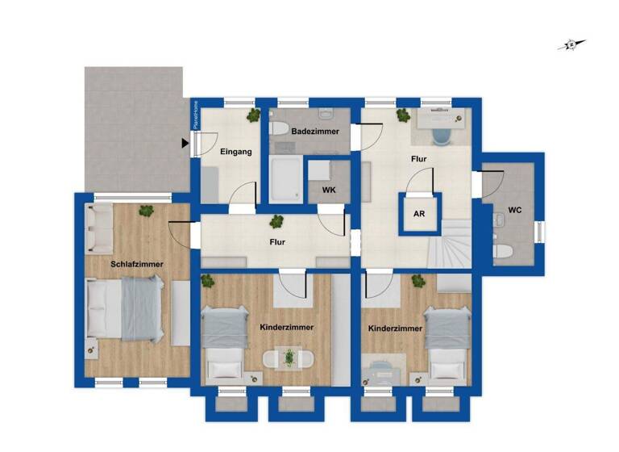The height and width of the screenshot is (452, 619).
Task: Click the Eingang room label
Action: pyautogui.click(x=235, y=152)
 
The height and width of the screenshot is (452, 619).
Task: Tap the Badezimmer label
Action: pyautogui.click(x=315, y=131)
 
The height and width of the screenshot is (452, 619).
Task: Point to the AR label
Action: pyautogui.click(x=419, y=215)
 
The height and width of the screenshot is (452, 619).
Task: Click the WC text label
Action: pyautogui.click(x=515, y=211)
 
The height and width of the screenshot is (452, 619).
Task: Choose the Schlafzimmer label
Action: pyautogui.click(x=137, y=264)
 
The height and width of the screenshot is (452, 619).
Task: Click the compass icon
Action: pyautogui.click(x=571, y=45)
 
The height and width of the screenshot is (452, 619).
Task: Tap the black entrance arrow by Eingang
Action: pyautogui.click(x=185, y=144)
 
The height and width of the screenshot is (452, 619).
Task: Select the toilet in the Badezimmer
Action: pyautogui.click(x=276, y=128)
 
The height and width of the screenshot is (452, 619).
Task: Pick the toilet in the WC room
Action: pyautogui.click(x=502, y=251)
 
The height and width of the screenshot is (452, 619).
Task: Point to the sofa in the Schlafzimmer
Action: pyautogui.click(x=100, y=227)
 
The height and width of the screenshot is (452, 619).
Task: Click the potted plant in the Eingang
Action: pyautogui.click(x=254, y=115)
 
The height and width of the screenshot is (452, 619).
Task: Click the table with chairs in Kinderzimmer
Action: pyautogui.click(x=287, y=358)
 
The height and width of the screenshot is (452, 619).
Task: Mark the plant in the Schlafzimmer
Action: pyautogui.click(x=146, y=211)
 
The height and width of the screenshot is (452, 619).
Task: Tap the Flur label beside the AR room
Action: pyautogui.click(x=418, y=160)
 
